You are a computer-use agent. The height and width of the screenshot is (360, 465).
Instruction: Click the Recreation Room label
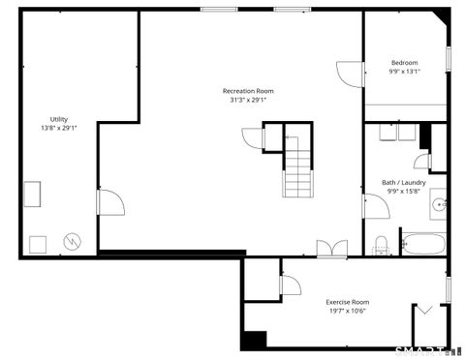point(251,90)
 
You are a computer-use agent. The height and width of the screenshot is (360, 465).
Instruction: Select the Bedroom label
point(405,62)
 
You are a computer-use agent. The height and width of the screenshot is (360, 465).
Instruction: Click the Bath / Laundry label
point(404,183)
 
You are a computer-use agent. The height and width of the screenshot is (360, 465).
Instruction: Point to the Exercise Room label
point(347,302)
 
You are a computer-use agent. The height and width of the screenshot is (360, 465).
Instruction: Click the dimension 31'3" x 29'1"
point(249,100)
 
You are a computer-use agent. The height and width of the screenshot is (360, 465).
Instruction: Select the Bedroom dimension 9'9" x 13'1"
point(405,72)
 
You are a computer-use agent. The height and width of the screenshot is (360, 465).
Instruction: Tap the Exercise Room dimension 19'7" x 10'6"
point(347,312)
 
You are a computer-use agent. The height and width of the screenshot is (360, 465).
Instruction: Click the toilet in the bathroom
point(382,246)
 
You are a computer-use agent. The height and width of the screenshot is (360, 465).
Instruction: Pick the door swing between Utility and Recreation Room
point(108,203)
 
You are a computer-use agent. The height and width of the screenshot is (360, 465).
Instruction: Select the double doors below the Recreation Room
point(331,250)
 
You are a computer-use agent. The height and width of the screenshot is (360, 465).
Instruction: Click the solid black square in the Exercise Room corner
point(255,341)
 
